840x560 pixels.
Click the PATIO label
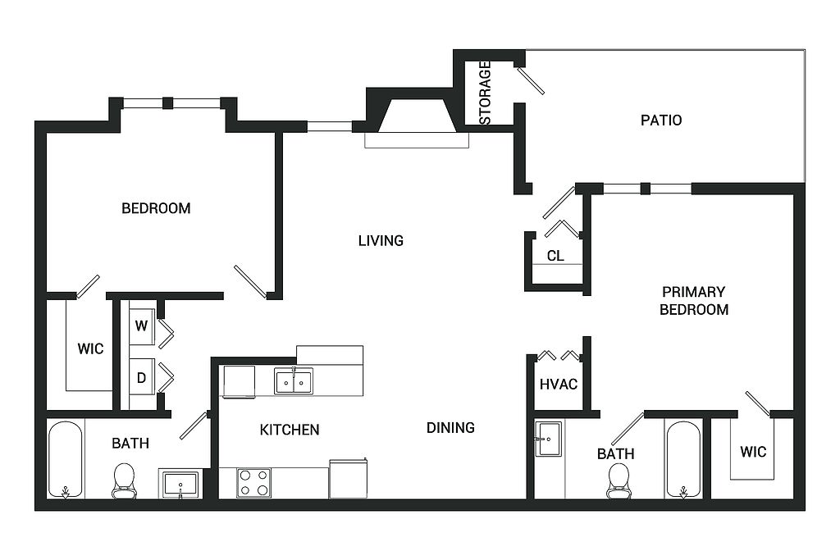coord(661,120)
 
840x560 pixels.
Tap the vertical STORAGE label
coord(485,93)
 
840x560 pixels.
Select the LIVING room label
coord(381,241)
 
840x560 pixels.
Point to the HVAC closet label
coord(558,385)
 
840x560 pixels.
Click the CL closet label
coord(555,256)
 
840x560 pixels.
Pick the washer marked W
coord(142,326)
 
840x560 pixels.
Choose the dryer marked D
coord(142,377)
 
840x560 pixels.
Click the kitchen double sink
coord(294,381)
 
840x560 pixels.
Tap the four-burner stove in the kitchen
coord(253,483)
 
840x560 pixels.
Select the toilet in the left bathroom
coord(125,481)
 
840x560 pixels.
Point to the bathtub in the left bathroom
coord(66,459)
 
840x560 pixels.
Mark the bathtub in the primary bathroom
coord(683,459)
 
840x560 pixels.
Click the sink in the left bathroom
coord(180,484)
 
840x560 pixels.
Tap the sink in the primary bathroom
coord(549,439)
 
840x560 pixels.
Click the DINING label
coord(450,428)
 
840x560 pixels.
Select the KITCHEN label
coord(290,430)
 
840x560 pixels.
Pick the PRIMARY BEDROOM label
coord(694,301)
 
